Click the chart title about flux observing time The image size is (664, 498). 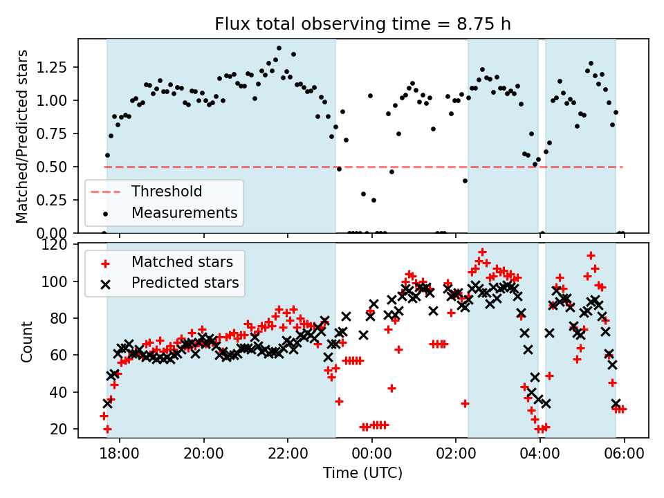363,24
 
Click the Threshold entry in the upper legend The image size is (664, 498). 167,191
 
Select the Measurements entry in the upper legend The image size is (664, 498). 185,212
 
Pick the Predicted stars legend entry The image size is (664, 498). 185,283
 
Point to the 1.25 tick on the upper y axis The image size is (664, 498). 59,68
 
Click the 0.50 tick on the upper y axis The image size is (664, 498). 59,167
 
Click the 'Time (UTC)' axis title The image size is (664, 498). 363,474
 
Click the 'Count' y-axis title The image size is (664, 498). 27,341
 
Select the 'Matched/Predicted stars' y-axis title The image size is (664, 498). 22,136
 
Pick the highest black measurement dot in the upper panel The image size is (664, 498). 279,48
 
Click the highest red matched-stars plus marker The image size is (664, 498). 482,252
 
